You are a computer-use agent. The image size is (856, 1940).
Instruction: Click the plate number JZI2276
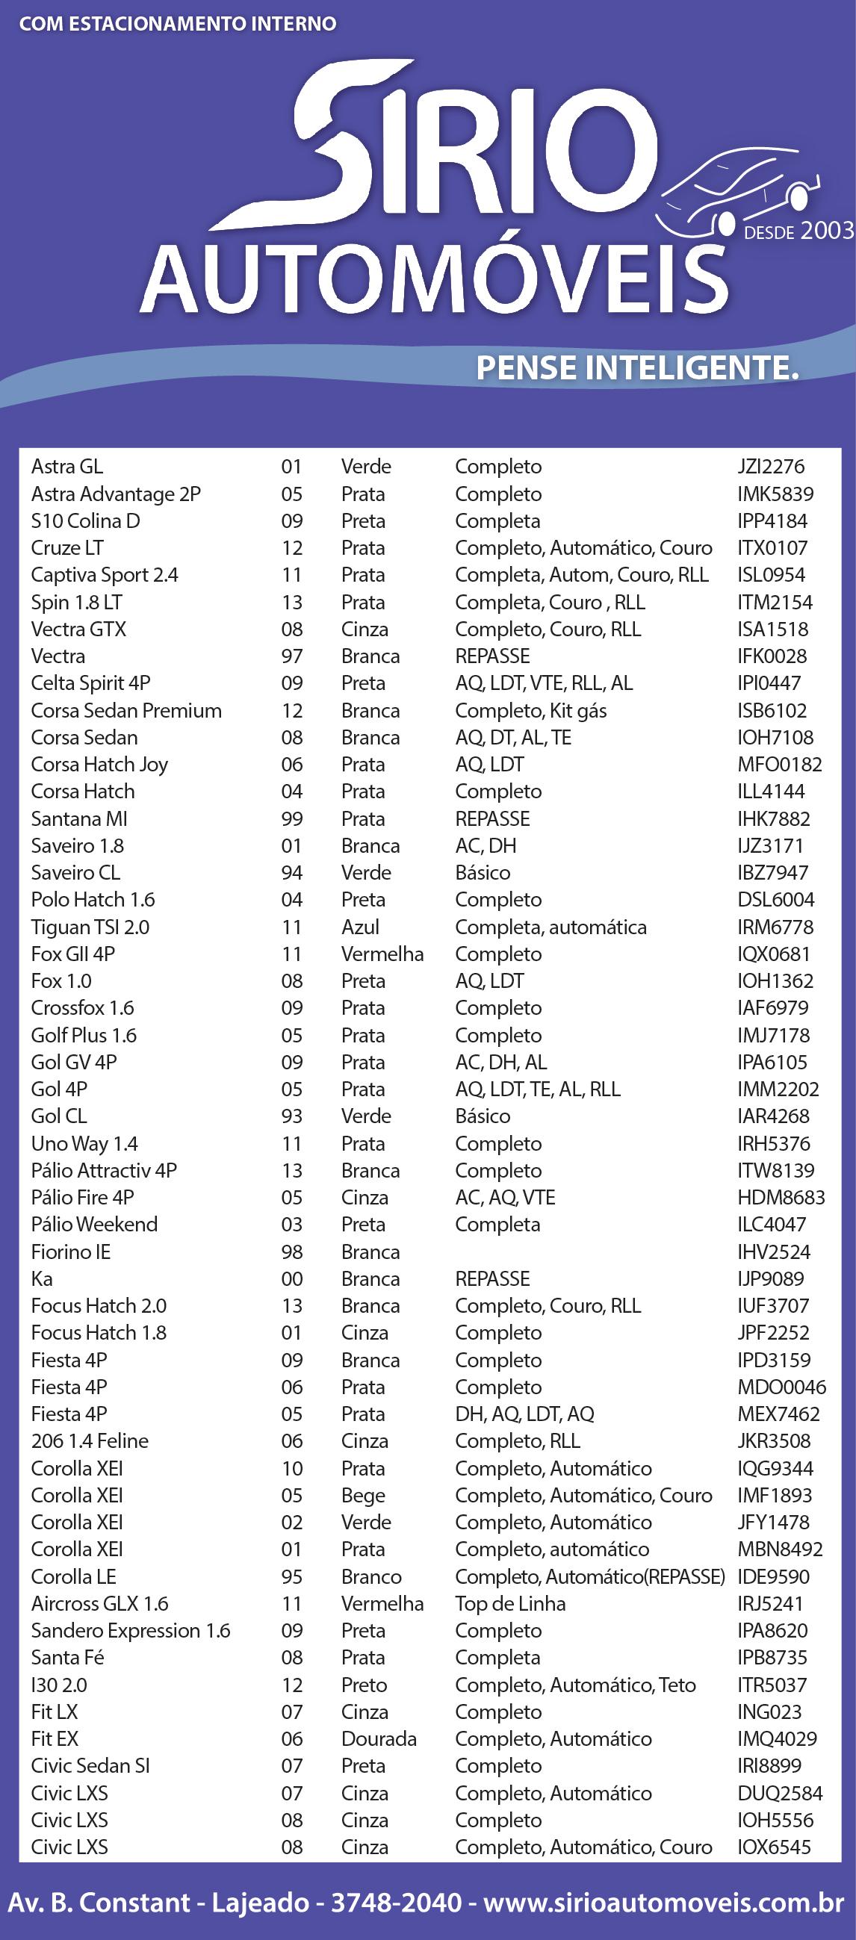tap(771, 467)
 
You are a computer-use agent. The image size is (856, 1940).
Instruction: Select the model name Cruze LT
tap(67, 548)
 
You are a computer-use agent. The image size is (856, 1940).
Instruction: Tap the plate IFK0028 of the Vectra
tap(772, 656)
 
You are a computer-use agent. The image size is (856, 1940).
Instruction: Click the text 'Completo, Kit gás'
tap(530, 711)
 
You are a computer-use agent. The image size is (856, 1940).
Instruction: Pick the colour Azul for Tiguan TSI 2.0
tap(360, 927)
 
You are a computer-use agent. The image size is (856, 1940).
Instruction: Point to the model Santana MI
tap(79, 818)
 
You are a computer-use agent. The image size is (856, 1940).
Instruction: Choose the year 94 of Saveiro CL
tap(291, 873)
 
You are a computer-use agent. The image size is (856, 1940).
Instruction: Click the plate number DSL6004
tap(775, 900)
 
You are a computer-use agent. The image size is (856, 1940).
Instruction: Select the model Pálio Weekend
tap(94, 1225)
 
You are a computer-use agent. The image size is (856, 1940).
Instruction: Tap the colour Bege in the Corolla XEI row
tap(362, 1496)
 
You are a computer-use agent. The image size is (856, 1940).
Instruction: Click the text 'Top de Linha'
tap(510, 1604)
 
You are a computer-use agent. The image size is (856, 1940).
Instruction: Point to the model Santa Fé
tap(67, 1658)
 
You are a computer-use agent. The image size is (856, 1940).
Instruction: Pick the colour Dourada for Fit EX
tap(378, 1739)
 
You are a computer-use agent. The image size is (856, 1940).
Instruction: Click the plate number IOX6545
tap(774, 1847)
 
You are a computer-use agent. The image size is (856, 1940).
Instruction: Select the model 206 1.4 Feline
tap(90, 1441)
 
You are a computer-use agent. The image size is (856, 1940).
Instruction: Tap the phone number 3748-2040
tap(396, 1903)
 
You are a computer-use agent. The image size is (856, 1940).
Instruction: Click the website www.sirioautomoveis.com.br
tap(663, 1903)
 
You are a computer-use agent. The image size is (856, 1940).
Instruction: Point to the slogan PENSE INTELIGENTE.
tap(636, 367)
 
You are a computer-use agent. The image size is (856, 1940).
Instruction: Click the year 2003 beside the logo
tap(827, 231)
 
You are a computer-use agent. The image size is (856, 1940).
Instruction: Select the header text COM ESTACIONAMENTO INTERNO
tap(178, 24)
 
